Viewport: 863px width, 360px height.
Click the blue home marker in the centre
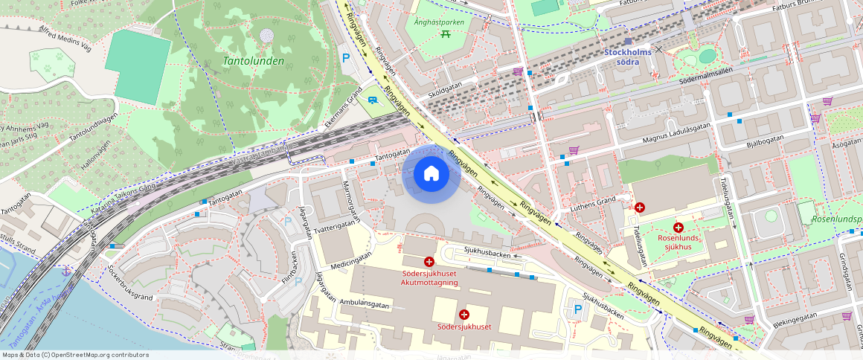coord(431,174)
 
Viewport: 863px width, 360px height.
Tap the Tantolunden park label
coord(254,61)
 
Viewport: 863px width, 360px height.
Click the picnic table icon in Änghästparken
coord(445,33)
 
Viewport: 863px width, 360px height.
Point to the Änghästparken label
coord(439,22)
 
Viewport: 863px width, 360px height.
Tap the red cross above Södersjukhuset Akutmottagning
coord(429,262)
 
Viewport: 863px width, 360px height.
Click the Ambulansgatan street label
coord(365,303)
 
